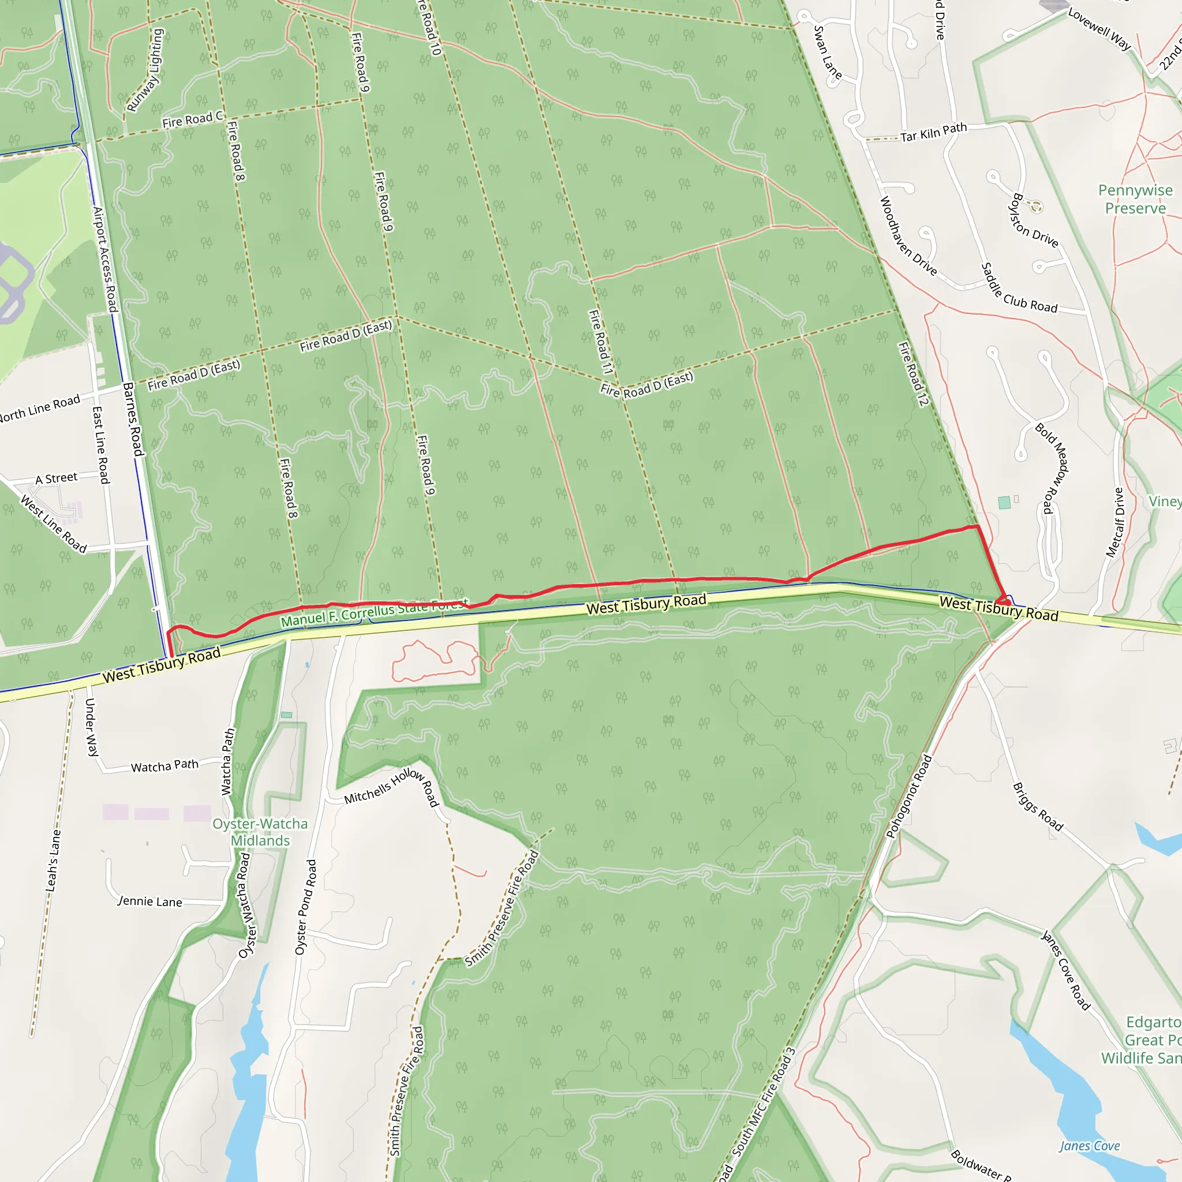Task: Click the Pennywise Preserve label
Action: [1135, 200]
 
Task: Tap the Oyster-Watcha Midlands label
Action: [260, 832]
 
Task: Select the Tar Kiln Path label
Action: [933, 132]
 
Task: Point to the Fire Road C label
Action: [192, 119]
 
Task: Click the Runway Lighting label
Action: [145, 70]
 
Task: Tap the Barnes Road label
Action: [133, 418]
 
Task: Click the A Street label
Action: [57, 478]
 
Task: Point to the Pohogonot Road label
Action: [909, 796]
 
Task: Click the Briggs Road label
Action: [1038, 807]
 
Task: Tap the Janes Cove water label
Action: [1090, 1146]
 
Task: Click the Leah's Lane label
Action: [54, 860]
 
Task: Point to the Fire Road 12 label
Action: [913, 374]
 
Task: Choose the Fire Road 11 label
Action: [600, 342]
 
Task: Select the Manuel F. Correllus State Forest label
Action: [375, 612]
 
